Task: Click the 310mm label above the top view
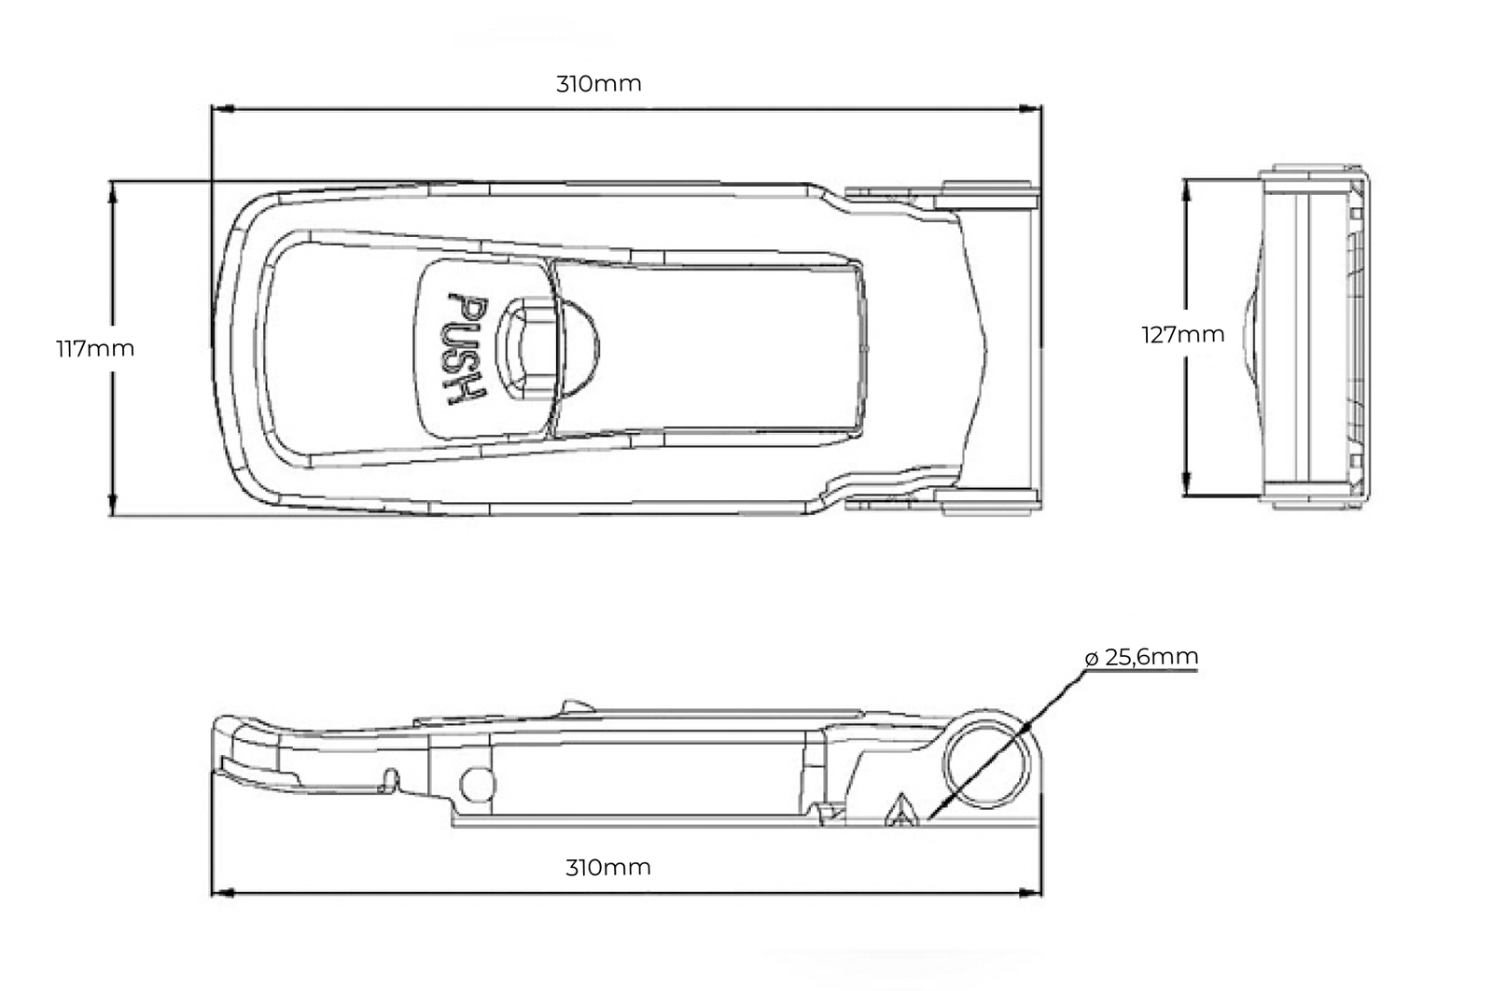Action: (x=598, y=84)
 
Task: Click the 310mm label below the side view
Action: (x=607, y=867)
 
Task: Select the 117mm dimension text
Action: (x=95, y=349)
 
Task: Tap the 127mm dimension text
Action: (x=1183, y=335)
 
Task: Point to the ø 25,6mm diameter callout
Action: (x=1142, y=657)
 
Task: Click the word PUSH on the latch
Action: (x=466, y=349)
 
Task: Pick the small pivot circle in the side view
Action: (x=477, y=785)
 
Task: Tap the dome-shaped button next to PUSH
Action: (x=578, y=349)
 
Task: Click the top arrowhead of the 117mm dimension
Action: (x=112, y=190)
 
